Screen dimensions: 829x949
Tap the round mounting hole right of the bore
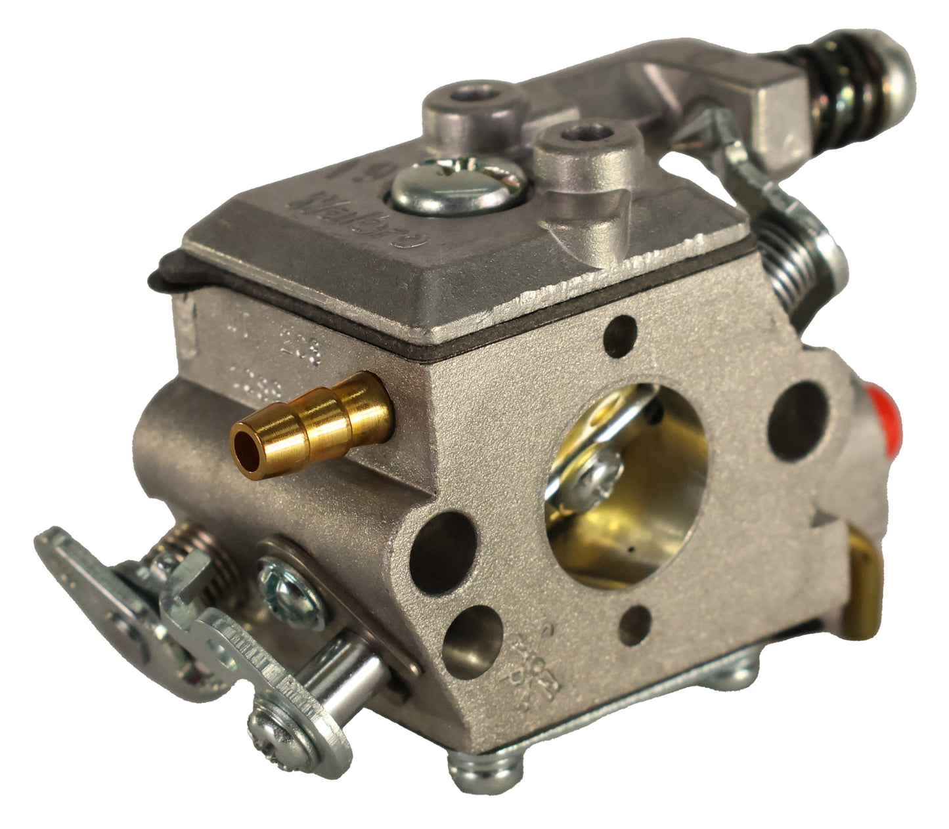coord(797,420)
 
